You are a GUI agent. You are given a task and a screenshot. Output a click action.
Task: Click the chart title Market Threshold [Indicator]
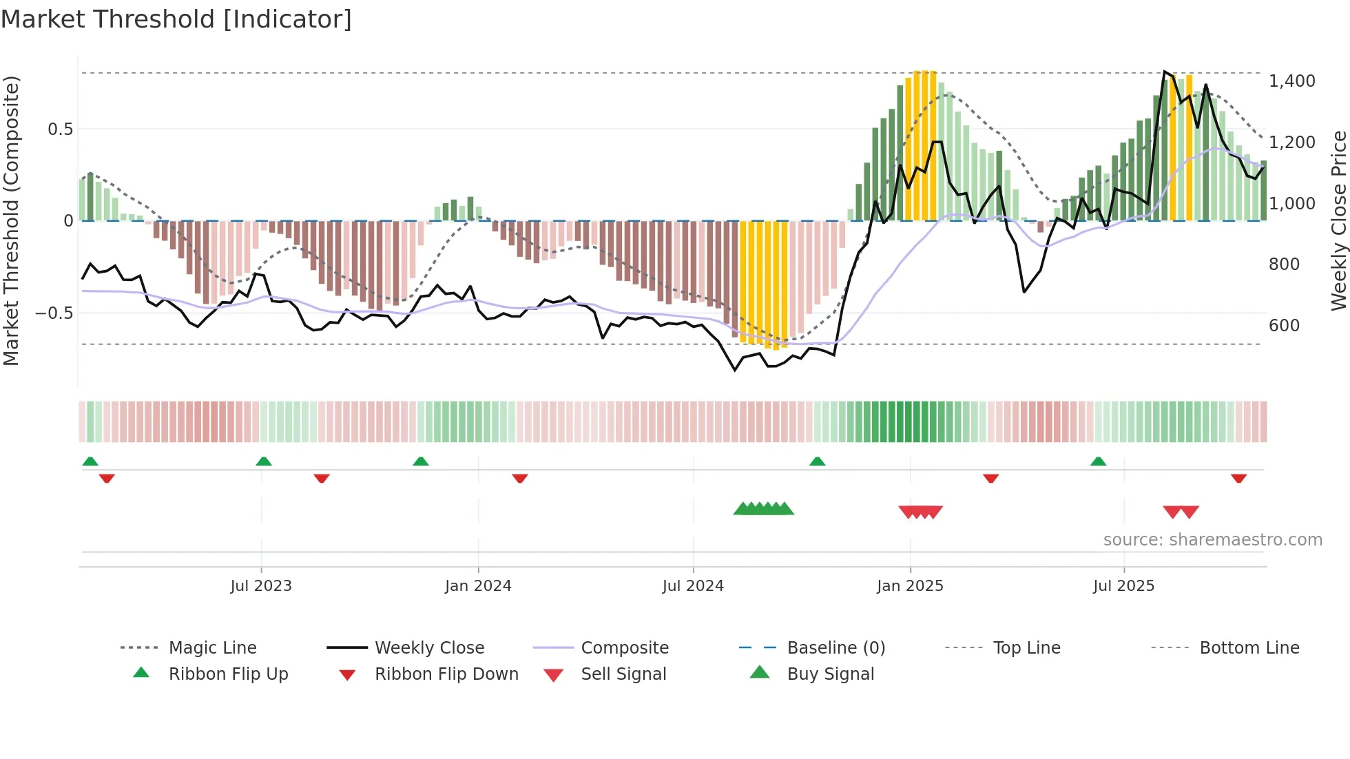[176, 19]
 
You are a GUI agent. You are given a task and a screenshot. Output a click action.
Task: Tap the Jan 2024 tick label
[478, 585]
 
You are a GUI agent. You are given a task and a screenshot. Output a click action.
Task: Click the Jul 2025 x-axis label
[1123, 585]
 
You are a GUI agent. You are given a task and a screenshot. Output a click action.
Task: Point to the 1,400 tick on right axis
[1291, 81]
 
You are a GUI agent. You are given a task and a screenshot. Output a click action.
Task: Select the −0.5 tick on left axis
[54, 313]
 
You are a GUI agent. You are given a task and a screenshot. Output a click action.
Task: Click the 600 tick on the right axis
[1284, 325]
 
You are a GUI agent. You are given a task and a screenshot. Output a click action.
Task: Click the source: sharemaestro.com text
[1212, 540]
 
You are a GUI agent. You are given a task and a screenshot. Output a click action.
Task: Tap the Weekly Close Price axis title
[1338, 220]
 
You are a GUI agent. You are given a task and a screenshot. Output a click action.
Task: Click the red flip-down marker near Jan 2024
[520, 478]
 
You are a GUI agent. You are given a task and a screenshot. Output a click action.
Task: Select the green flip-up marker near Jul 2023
[264, 461]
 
